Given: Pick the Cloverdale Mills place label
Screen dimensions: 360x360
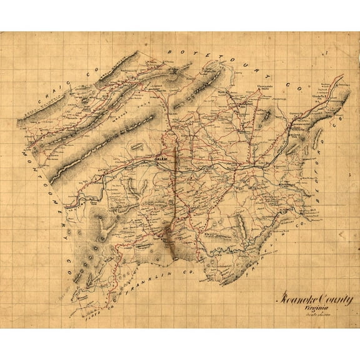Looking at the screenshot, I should (264, 88).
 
